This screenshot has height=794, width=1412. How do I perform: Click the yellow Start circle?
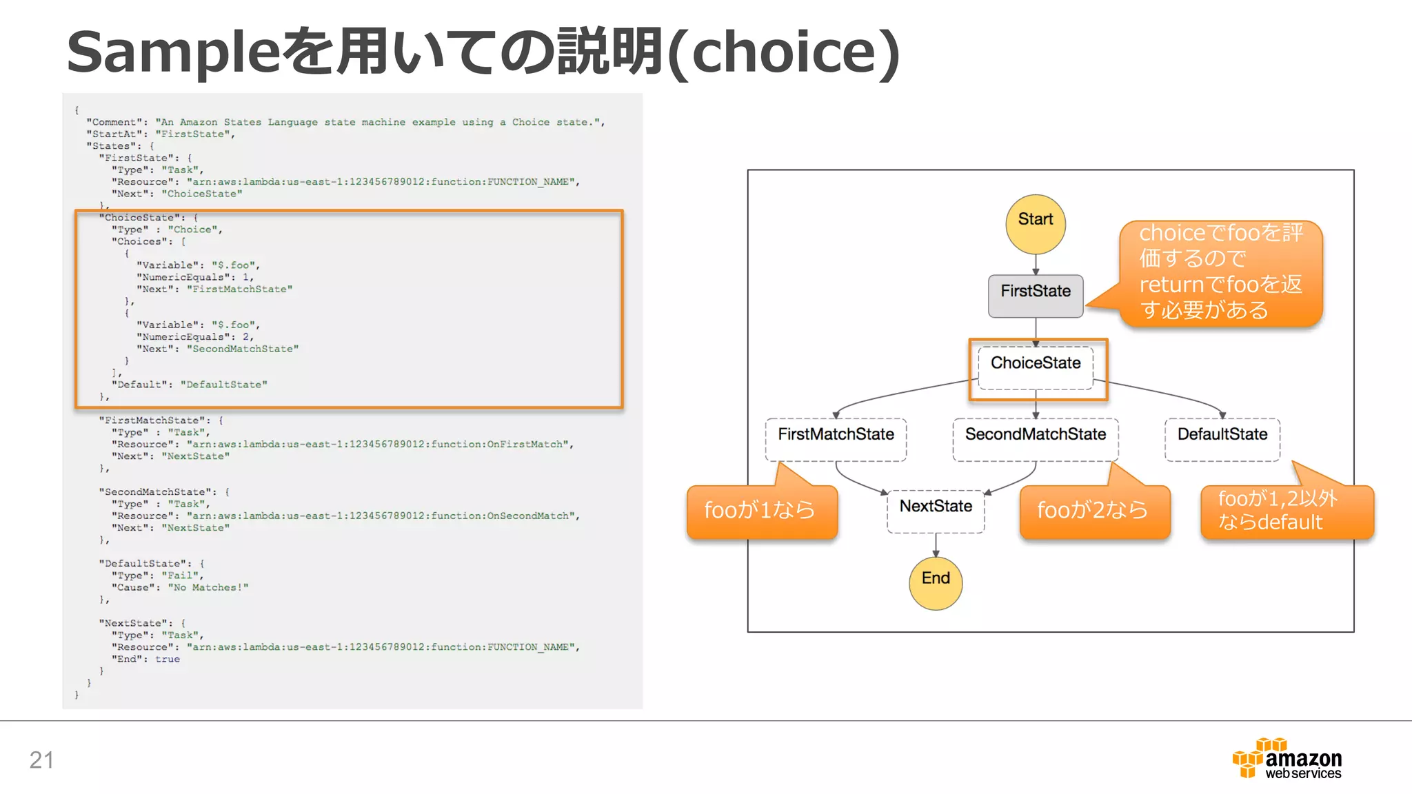click(x=1035, y=224)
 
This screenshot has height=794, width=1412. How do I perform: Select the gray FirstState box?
click(x=1035, y=296)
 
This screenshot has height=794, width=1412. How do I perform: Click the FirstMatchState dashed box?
click(x=836, y=438)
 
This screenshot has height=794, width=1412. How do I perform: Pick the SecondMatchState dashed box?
click(x=1035, y=438)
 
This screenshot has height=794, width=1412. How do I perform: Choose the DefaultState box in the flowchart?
click(x=1222, y=438)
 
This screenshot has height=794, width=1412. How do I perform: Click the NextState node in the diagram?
click(x=936, y=510)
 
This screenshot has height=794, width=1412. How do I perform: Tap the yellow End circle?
click(x=936, y=583)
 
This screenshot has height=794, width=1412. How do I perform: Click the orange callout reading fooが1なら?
click(x=761, y=511)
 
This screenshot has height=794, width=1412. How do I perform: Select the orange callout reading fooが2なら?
click(x=1094, y=511)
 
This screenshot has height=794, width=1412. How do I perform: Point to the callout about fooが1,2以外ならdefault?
click(x=1286, y=511)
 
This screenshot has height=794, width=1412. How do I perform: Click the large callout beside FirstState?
click(x=1220, y=273)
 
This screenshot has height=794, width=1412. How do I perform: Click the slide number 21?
click(x=41, y=760)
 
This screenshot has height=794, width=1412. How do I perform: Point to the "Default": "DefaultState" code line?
click(x=189, y=385)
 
